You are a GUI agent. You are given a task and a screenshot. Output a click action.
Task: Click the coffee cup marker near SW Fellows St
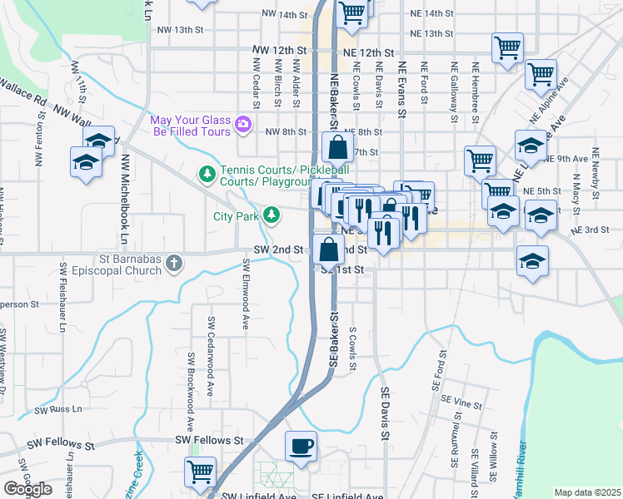pos(301,447)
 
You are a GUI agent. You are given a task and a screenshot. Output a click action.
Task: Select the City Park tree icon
pos(271,215)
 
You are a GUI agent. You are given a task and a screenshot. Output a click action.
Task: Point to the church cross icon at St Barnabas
pos(174,264)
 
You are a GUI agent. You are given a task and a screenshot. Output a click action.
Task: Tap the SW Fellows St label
pos(209,439)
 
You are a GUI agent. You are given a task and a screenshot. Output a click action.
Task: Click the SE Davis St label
pos(385,413)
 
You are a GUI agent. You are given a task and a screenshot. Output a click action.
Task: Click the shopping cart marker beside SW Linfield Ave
pos(201,472)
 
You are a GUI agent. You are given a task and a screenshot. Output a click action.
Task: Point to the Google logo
pos(27,489)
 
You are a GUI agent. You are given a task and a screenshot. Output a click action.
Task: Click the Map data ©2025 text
pos(587,492)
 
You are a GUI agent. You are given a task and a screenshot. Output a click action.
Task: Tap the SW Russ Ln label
pos(59,410)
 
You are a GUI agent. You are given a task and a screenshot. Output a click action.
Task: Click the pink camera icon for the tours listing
pos(243,125)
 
